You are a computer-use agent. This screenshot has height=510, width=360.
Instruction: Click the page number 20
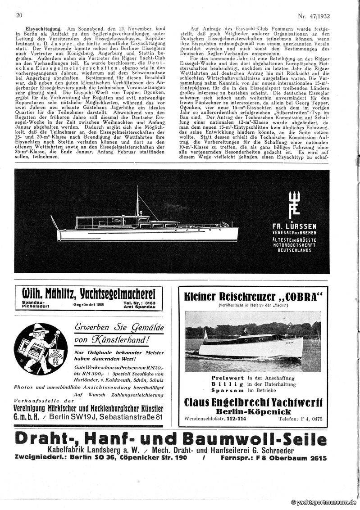(19, 15)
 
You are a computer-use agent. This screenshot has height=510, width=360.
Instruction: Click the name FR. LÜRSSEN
(294, 226)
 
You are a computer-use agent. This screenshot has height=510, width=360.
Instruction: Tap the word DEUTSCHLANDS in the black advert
(294, 250)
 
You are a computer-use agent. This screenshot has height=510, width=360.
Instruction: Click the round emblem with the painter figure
(40, 349)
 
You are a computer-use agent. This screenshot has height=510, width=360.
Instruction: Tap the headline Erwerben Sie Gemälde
(119, 328)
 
